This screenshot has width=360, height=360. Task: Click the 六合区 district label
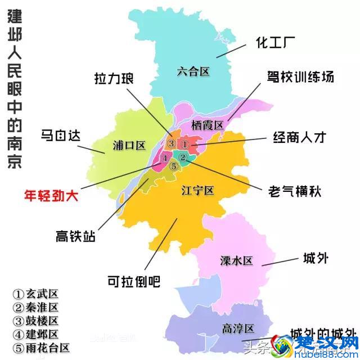(192, 71)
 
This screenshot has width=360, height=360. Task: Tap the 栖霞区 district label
(208, 125)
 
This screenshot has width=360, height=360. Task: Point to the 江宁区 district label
(197, 190)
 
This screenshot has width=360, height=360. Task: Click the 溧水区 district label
(236, 260)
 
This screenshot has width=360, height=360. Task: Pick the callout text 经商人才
(300, 137)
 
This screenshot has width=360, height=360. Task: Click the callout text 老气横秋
(295, 190)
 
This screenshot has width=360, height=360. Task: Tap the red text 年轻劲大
(51, 195)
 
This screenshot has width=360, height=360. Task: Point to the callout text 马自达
(61, 136)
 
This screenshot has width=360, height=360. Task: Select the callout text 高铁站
(75, 235)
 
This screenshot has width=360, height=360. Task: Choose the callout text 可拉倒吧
(133, 280)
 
